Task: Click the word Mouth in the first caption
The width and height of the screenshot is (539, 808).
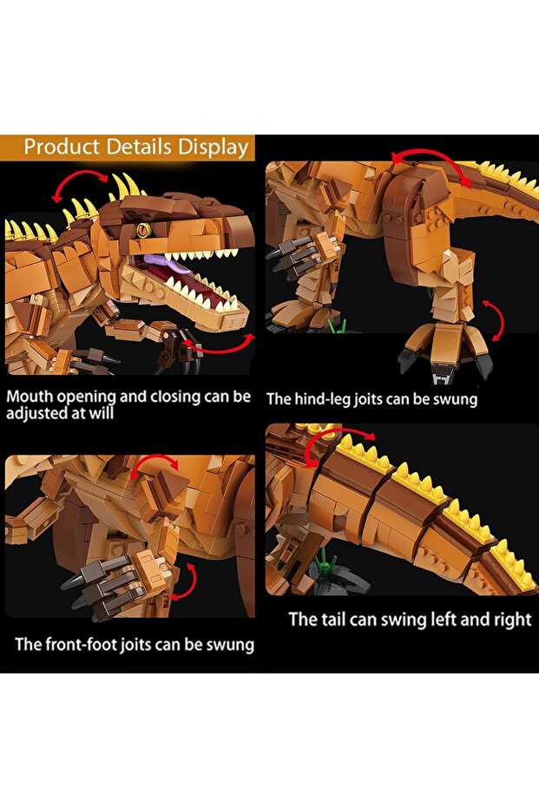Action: point(32,397)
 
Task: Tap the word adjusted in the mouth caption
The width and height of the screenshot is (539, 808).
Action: point(36,414)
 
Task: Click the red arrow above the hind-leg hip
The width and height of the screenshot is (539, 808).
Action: point(430,162)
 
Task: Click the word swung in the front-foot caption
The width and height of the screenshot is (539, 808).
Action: point(227,645)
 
